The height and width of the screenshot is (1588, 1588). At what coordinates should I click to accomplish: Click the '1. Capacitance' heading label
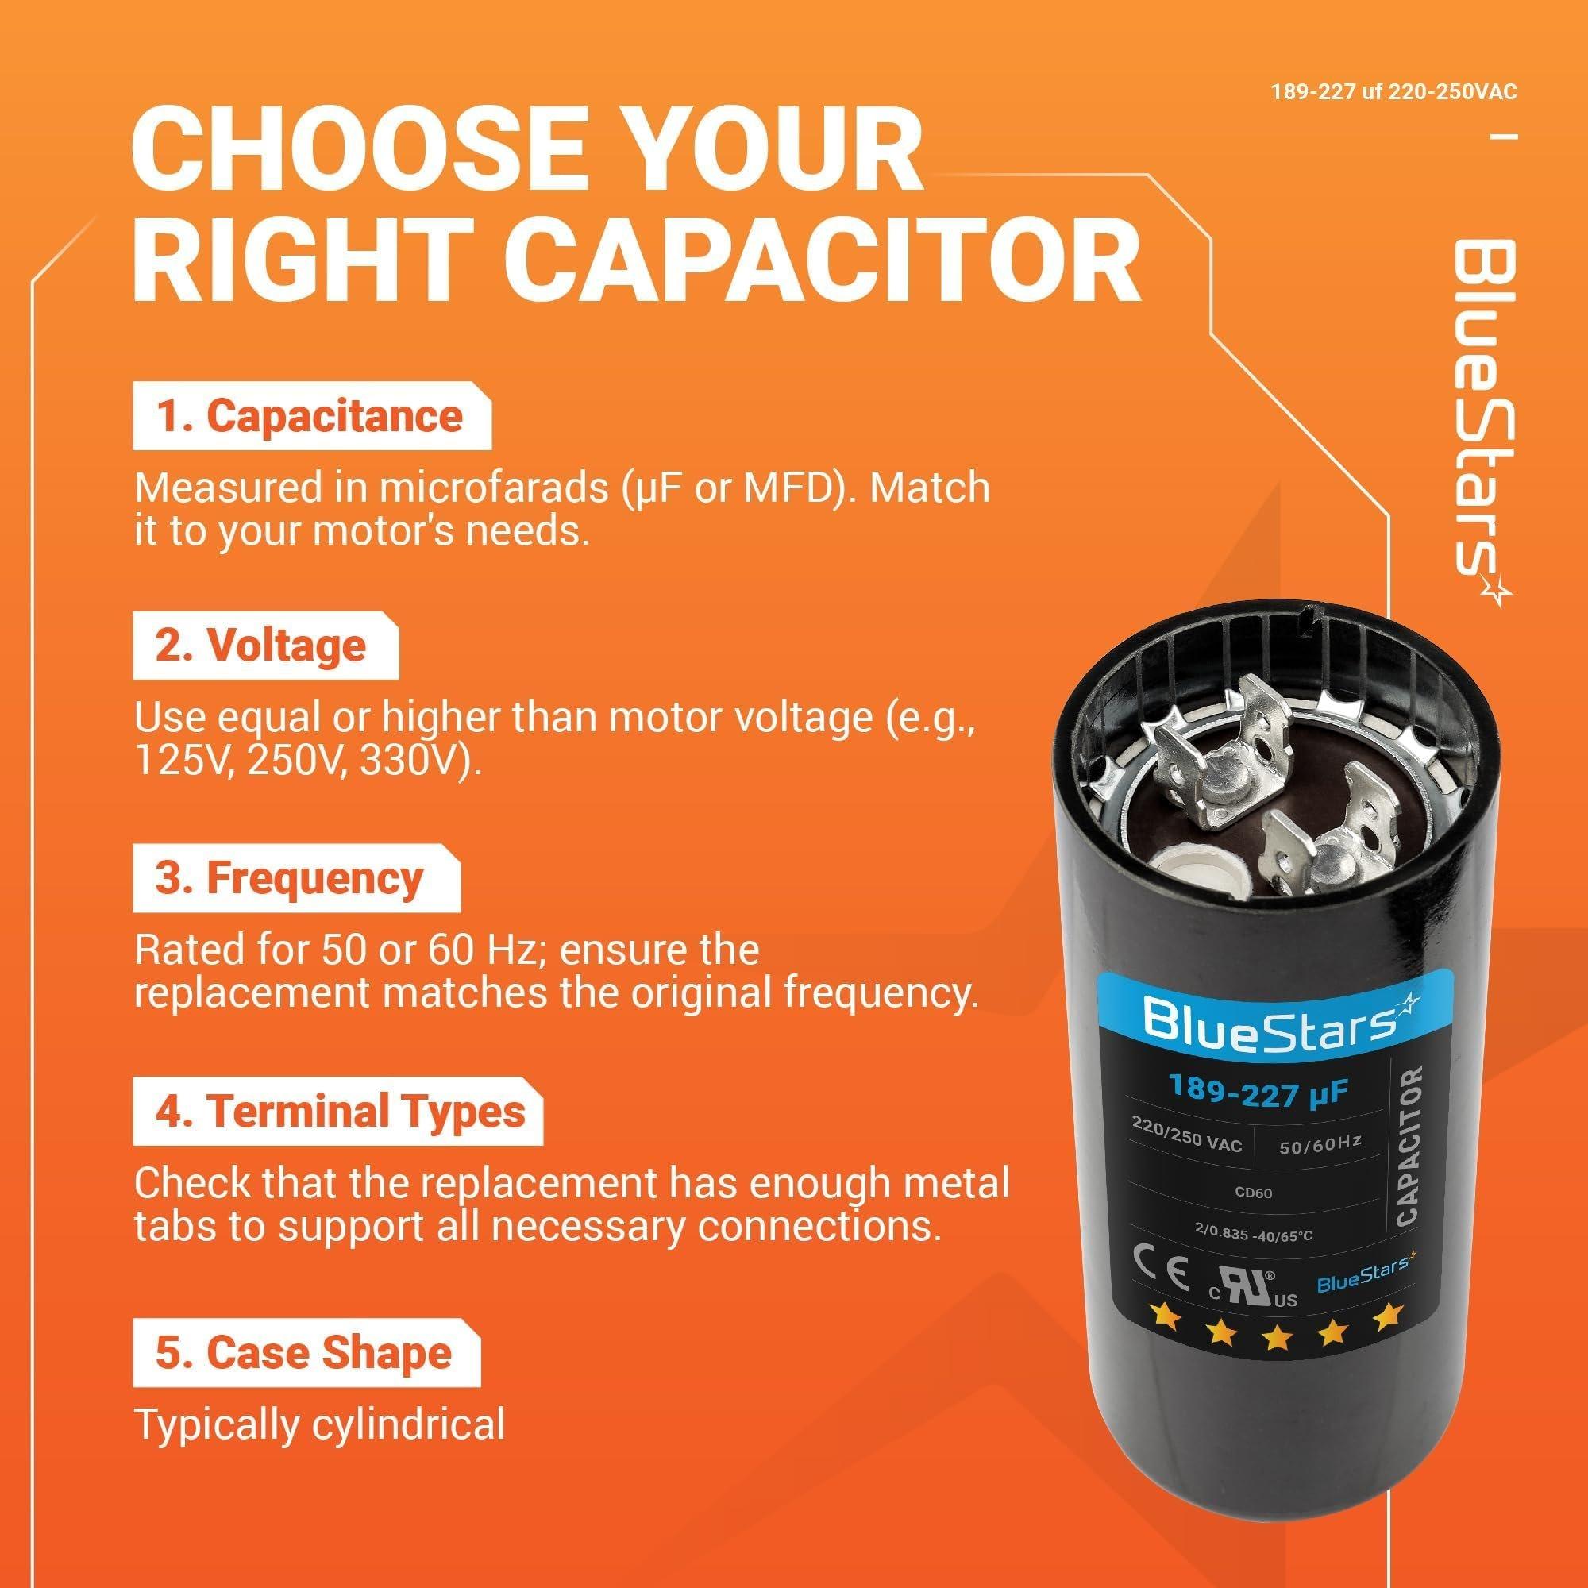click(310, 418)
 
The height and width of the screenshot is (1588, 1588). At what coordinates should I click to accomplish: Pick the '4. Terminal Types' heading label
click(341, 1112)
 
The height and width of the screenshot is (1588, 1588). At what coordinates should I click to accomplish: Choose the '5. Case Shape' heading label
click(303, 1354)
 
